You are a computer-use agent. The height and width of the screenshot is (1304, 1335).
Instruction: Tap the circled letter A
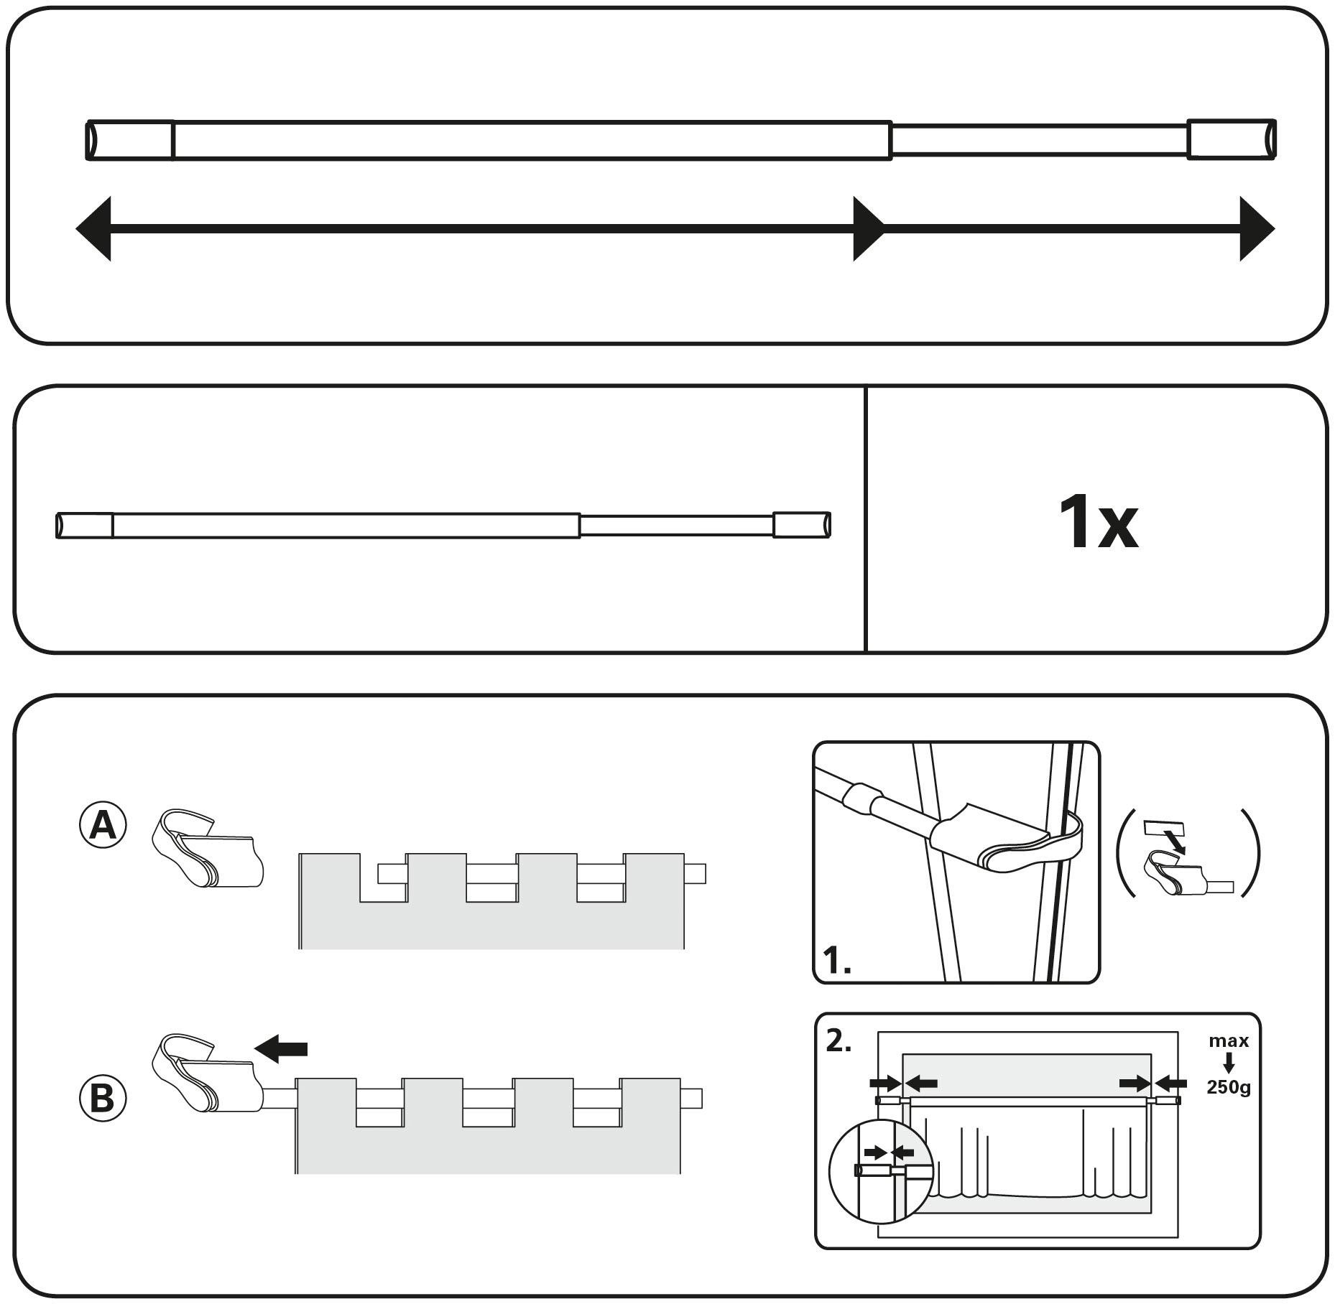click(102, 826)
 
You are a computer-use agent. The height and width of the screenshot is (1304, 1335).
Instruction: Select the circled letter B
click(102, 1099)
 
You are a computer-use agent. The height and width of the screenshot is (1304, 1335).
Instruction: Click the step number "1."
click(836, 961)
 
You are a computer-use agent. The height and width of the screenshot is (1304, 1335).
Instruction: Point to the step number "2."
click(838, 1040)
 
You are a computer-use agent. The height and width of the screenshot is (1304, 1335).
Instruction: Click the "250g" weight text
click(1228, 1088)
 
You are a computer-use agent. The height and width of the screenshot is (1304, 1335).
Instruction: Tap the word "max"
click(1229, 1040)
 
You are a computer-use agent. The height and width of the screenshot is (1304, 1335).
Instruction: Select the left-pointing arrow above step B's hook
click(281, 1049)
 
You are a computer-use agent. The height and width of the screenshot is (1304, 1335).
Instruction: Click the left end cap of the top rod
click(130, 140)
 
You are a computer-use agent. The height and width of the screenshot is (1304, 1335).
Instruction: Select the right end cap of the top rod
click(1231, 139)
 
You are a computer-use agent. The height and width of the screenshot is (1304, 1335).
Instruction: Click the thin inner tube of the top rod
click(1038, 140)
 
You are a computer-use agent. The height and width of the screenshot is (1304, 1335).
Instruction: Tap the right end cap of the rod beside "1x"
click(801, 524)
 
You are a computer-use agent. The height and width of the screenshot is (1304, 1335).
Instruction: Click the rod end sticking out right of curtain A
click(695, 873)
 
